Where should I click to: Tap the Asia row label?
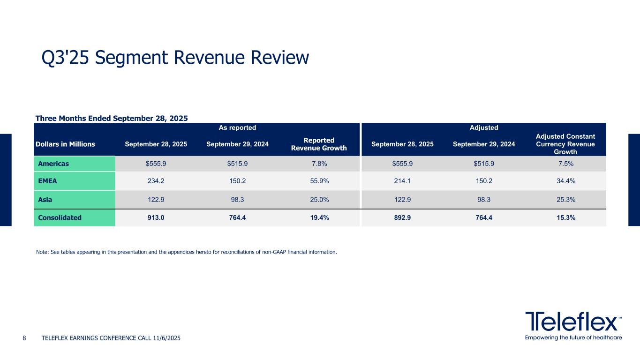(x=45, y=199)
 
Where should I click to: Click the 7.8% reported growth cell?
(x=318, y=164)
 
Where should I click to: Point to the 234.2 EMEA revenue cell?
(x=156, y=181)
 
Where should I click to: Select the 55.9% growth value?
(x=318, y=181)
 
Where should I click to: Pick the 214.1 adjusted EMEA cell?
(x=402, y=181)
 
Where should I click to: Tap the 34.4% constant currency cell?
(x=565, y=181)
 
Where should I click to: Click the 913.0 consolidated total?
(x=156, y=217)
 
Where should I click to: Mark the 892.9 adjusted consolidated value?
(x=402, y=217)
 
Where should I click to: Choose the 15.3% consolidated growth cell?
(x=565, y=217)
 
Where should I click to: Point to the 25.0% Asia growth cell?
(x=318, y=199)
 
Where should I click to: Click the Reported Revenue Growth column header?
(x=319, y=144)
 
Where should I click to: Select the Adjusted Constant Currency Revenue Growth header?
(x=565, y=144)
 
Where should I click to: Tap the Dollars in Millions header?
(x=65, y=144)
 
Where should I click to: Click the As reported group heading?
(x=237, y=127)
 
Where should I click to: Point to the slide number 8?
(x=24, y=338)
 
